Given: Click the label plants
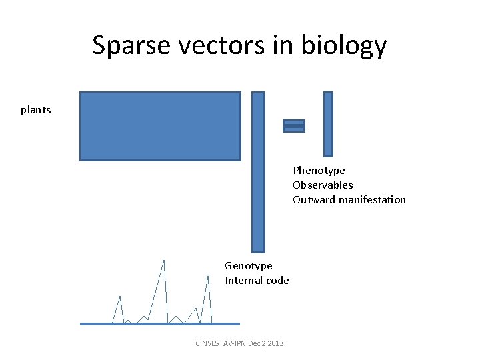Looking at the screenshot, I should coord(35,110).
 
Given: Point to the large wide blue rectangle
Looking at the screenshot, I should coord(160,126).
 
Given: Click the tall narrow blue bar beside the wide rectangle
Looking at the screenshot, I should coord(258,171).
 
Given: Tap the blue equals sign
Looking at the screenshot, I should coord(294,126).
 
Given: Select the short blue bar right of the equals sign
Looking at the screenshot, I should coord(328,124).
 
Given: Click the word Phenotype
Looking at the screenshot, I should coord(319,171).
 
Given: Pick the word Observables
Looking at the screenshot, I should coord(323,185).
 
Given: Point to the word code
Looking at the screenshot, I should coord(278,281).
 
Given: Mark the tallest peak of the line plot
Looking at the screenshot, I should coord(164,261).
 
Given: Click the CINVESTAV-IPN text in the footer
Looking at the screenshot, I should coord(219,343).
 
